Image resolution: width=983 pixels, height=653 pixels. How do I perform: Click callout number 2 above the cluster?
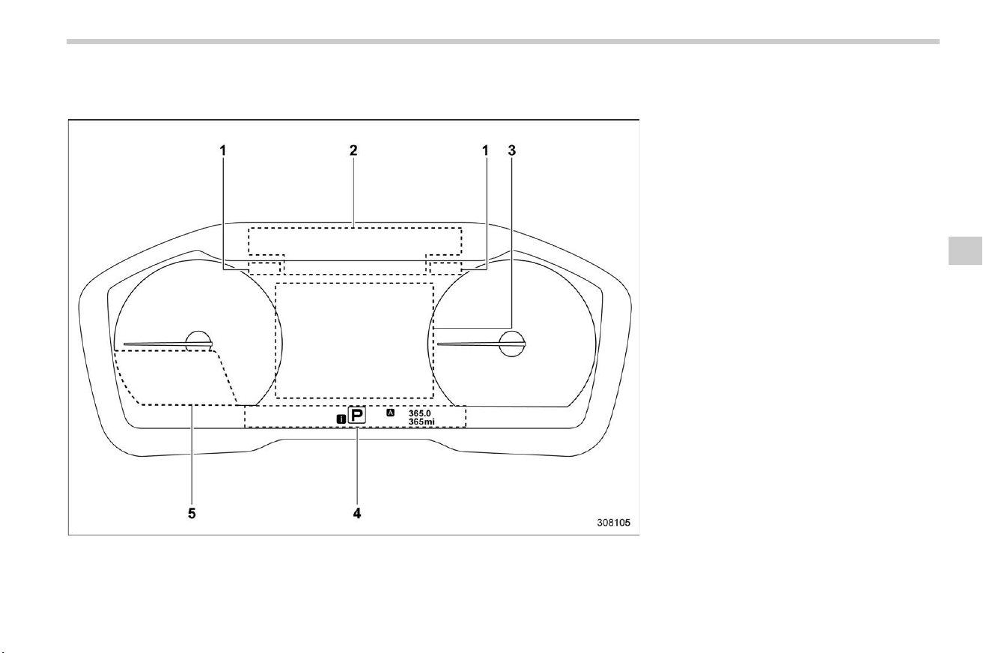click(x=353, y=151)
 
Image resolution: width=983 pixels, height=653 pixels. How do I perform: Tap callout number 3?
click(x=511, y=151)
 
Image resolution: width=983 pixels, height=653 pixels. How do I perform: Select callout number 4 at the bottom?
click(x=357, y=513)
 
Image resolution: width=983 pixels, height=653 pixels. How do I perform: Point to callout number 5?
click(x=192, y=513)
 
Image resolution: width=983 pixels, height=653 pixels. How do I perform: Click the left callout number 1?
click(x=223, y=151)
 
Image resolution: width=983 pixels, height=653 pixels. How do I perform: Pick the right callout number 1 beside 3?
click(x=485, y=151)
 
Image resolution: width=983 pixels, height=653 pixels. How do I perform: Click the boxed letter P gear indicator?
click(x=357, y=415)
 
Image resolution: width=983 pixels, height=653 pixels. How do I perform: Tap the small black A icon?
click(x=390, y=413)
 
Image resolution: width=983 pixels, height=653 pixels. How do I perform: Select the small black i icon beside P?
click(x=341, y=419)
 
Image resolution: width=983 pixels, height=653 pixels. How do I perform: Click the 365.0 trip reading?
click(x=419, y=413)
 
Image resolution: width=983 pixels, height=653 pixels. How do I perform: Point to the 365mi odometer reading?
click(x=421, y=422)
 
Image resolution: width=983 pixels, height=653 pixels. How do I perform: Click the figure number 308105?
click(x=613, y=523)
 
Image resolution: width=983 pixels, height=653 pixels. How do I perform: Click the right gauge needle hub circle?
click(x=512, y=344)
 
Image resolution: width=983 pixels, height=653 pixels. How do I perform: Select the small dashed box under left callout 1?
click(x=264, y=268)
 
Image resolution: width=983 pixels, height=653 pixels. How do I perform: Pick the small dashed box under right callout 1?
click(x=446, y=268)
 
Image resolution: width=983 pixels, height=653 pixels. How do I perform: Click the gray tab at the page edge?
click(x=965, y=251)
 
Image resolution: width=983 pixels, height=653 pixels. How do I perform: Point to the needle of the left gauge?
click(x=168, y=344)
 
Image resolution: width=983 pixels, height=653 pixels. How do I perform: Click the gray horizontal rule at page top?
click(x=503, y=42)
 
